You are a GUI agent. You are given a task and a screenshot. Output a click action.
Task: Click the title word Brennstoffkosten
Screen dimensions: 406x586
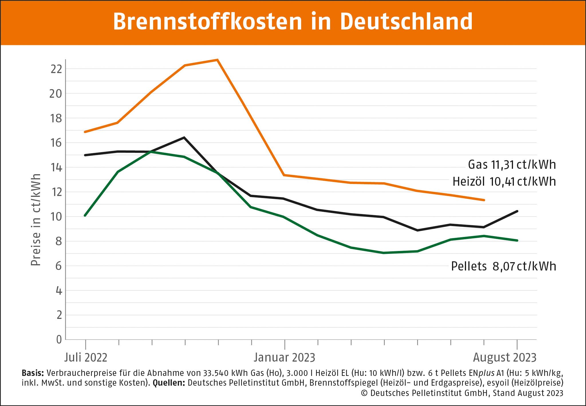pos(208,21)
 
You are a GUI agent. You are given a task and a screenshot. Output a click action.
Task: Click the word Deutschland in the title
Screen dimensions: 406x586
pos(406,21)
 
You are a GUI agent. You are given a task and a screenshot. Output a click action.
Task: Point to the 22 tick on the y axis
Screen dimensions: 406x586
pos(56,69)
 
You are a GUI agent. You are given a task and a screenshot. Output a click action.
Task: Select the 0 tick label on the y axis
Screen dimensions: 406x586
pos(59,340)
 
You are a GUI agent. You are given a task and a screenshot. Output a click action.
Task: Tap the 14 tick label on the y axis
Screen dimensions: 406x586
pos(56,167)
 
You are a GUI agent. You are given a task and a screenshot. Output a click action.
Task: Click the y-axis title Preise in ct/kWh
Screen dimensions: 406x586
pos(36,220)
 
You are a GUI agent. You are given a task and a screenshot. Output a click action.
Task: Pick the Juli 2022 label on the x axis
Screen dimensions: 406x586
pos(86,358)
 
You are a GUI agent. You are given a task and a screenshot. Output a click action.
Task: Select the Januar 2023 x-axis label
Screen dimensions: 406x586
pos(284,358)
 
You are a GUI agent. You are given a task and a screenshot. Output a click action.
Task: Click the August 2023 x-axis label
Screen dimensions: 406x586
pos(504,358)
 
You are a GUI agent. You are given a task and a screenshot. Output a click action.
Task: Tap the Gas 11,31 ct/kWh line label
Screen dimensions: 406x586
pos(512,165)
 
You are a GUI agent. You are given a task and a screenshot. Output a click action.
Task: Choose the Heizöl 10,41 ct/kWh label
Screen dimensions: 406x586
pos(504,182)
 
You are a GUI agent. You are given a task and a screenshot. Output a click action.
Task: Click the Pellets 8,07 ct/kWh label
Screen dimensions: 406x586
pos(504,266)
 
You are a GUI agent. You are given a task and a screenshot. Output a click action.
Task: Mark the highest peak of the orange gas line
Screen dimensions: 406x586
pos(218,60)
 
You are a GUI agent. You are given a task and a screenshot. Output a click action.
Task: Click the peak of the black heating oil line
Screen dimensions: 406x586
pos(184,138)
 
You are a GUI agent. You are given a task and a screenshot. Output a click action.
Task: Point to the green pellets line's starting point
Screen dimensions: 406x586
pos(85,215)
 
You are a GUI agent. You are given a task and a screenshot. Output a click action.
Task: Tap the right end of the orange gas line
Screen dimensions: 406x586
pos(484,200)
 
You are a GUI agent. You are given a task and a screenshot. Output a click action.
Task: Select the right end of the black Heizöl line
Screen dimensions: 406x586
pos(517,211)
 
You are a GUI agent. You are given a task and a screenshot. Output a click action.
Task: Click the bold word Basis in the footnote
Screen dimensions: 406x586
pos(33,373)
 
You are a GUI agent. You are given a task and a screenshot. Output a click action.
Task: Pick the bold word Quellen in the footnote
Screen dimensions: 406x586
pos(169,383)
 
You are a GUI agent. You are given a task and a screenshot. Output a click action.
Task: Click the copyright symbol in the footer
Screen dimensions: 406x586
pos(364,393)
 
